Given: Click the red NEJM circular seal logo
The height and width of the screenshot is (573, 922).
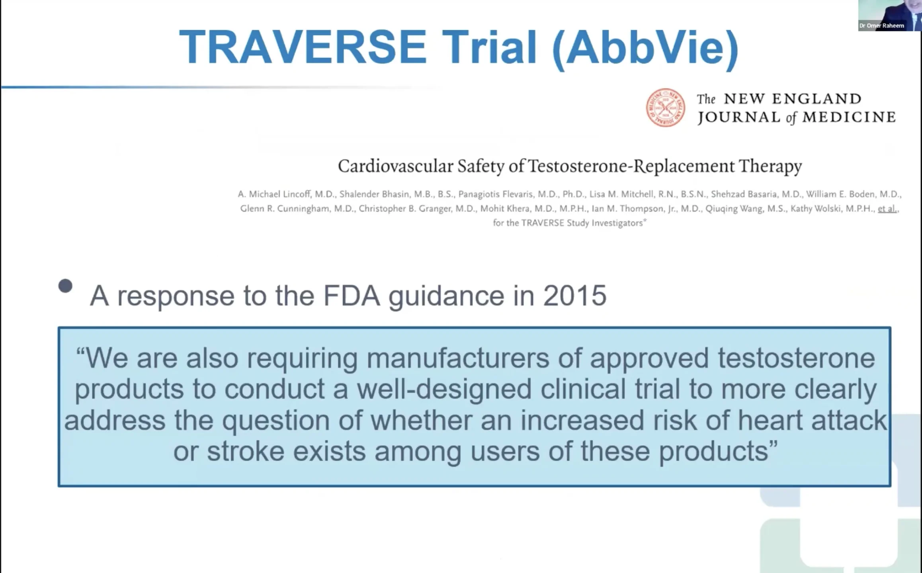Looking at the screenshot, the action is [666, 108].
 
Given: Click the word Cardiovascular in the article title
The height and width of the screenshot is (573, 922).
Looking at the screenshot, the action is [395, 166].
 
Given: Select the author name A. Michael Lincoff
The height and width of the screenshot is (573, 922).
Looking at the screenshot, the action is [274, 194].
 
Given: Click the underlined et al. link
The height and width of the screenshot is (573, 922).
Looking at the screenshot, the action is [888, 209].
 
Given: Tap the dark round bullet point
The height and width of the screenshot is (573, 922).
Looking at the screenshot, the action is [65, 286].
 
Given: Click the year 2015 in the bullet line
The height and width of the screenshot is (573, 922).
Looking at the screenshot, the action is [575, 296].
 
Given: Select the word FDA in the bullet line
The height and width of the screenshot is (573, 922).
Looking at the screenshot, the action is [352, 296].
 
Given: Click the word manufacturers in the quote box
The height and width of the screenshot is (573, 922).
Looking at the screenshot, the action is [458, 358].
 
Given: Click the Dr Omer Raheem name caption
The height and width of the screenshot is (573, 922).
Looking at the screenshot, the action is [882, 26].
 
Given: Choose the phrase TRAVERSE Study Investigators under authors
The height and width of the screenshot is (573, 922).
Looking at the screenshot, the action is [582, 223].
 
